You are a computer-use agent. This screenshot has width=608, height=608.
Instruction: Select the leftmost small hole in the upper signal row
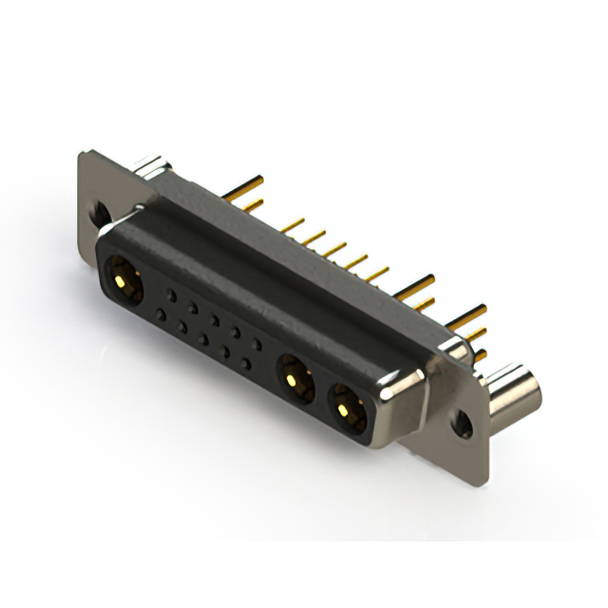tap(171, 296)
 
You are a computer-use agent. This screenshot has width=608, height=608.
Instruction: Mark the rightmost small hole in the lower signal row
tap(246, 363)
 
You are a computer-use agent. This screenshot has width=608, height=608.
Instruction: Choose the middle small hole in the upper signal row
tap(215, 320)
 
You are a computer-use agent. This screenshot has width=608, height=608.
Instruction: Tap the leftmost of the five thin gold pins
tap(293, 225)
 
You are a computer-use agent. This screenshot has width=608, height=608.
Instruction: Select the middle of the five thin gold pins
tap(335, 249)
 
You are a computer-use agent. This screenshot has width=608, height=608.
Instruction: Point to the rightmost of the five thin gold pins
tap(377, 274)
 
